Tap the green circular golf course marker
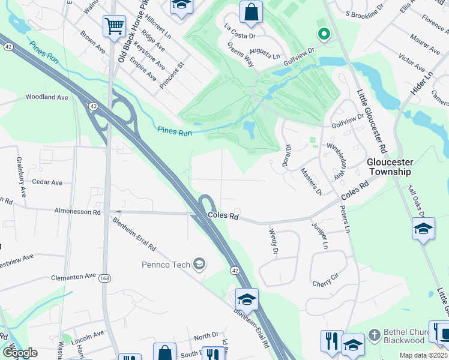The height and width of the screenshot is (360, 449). click(x=324, y=35)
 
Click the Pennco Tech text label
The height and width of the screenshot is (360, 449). click(x=166, y=265)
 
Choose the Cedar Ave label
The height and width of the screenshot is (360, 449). click(x=47, y=182)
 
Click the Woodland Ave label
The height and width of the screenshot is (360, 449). click(x=47, y=97)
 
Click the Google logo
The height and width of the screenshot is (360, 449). click(x=20, y=353)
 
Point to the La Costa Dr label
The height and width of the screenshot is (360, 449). click(x=240, y=31)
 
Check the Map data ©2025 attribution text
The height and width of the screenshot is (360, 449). click(x=423, y=355)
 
